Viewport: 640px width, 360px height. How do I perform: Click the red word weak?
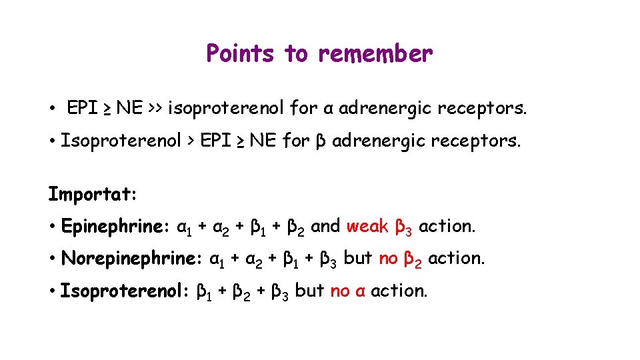point(367,226)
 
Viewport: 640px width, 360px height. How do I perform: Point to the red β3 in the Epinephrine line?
point(404,228)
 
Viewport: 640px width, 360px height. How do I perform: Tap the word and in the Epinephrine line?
point(325,226)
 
